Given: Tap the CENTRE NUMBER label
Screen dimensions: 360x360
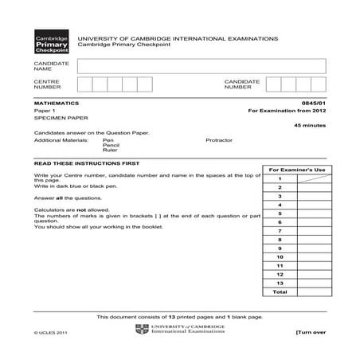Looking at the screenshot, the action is pos(46,84).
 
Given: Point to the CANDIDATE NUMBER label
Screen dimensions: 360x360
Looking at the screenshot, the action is pos(237,84).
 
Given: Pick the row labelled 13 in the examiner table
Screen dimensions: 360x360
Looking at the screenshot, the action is pos(280,283).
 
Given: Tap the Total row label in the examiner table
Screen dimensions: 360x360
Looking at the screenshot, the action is pos(280,292).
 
